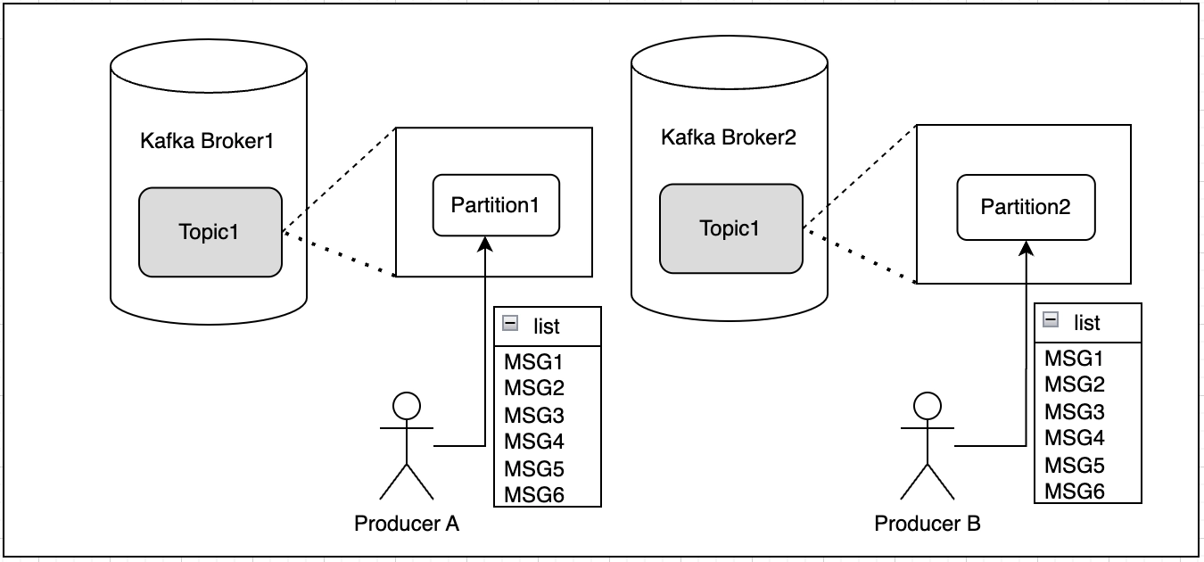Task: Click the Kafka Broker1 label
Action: tap(207, 141)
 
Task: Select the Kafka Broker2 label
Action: tap(728, 137)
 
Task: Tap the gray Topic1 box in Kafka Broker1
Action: tap(210, 232)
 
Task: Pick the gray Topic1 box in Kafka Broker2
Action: tap(730, 228)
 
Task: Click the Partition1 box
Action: tap(496, 205)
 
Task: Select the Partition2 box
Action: tap(1025, 207)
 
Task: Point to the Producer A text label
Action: tap(407, 524)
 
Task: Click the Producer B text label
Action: tap(928, 524)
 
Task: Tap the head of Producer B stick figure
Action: tap(928, 406)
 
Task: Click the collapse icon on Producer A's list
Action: tap(511, 325)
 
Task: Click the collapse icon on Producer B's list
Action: tap(1051, 321)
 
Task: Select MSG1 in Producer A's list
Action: tap(534, 362)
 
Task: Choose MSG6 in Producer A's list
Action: tap(534, 494)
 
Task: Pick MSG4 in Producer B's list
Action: tap(1075, 438)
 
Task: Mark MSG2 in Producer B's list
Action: tap(1075, 385)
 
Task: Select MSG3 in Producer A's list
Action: tap(534, 415)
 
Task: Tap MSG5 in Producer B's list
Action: tap(1075, 465)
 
